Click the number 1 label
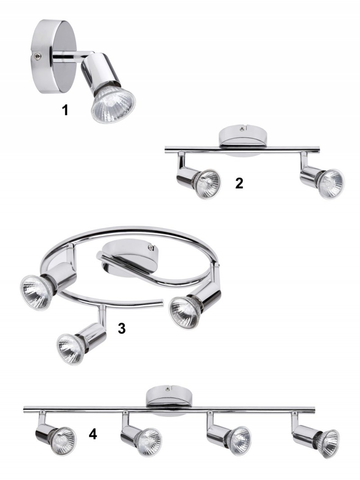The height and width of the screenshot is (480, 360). [65, 110]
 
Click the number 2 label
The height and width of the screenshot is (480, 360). [239, 183]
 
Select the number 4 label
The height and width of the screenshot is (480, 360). [93, 434]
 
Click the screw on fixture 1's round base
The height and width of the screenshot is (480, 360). [37, 56]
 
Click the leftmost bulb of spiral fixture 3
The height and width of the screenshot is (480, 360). [36, 292]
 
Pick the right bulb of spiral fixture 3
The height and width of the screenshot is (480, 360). [185, 312]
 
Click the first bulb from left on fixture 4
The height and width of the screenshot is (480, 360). [63, 441]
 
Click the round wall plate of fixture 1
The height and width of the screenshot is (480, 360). [53, 57]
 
